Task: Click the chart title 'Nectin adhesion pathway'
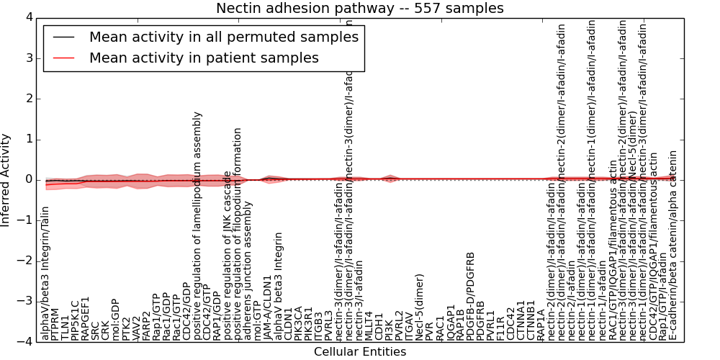360,8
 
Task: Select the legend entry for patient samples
204,58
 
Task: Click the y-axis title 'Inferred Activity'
6,179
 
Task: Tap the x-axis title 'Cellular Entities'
360,351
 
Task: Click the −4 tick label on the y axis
24,341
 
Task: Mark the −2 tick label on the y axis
24,261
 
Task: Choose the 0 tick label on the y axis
27,179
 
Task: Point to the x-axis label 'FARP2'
146,323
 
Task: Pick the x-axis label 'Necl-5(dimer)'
420,306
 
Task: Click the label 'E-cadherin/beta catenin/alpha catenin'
673,245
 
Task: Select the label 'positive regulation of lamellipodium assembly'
197,226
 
